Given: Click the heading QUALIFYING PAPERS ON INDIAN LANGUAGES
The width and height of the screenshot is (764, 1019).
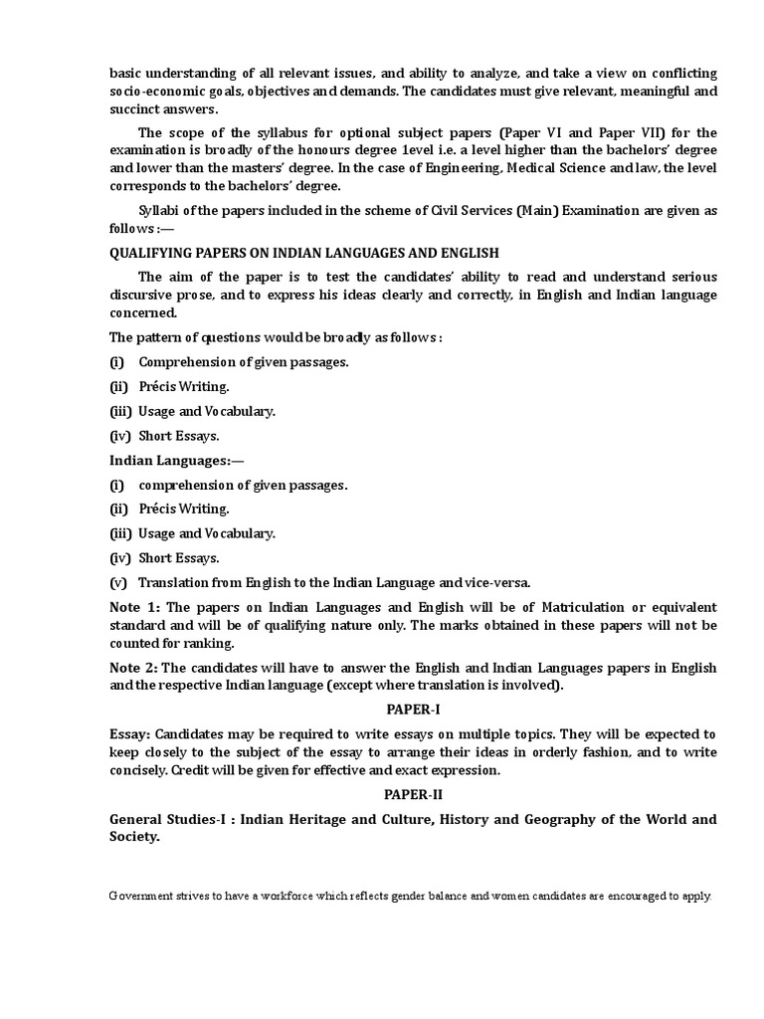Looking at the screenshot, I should [303, 253].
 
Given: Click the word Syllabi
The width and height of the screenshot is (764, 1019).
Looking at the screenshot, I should [160, 210].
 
